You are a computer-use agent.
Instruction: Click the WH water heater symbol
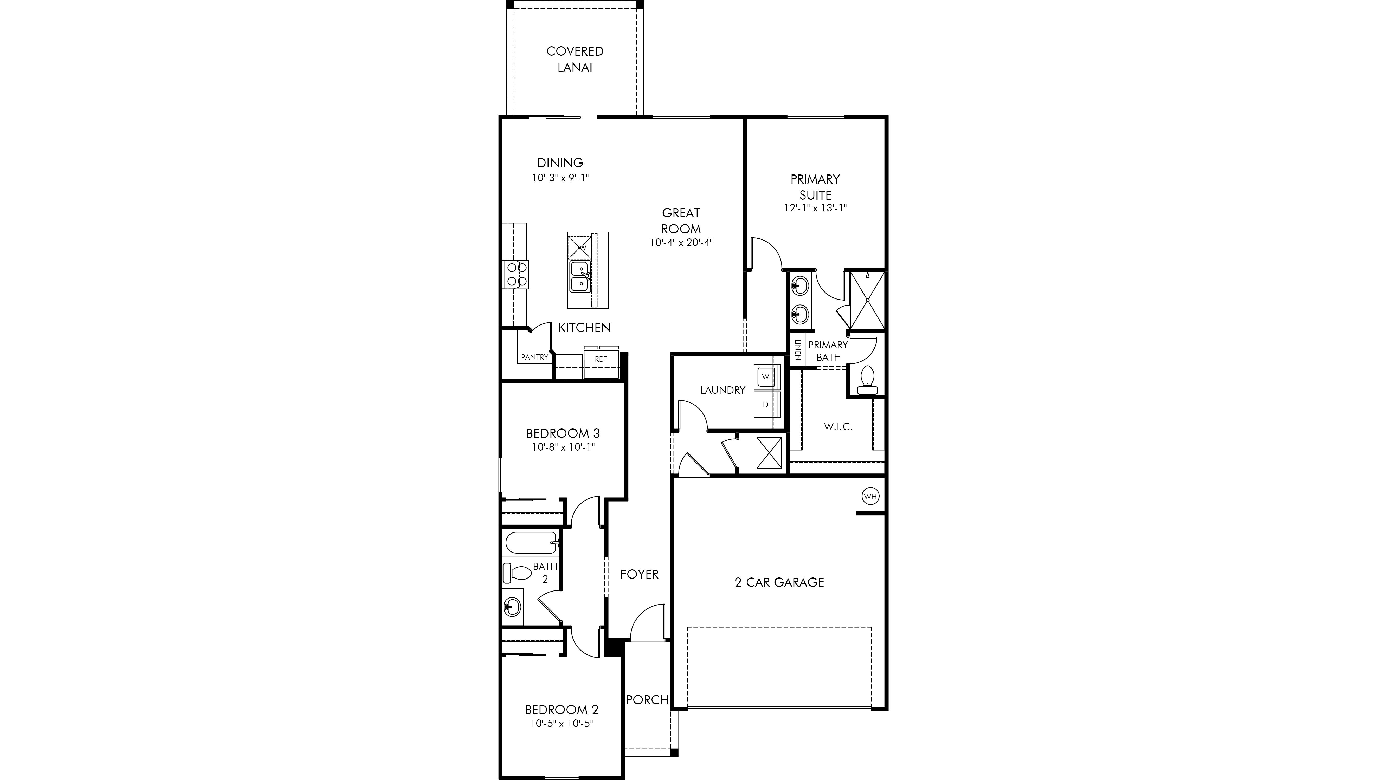(x=870, y=496)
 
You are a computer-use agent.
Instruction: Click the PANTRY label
(x=535, y=357)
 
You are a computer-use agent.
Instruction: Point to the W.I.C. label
(x=838, y=427)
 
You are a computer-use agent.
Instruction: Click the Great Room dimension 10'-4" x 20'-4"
(x=681, y=243)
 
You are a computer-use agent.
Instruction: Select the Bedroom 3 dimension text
(x=563, y=447)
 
